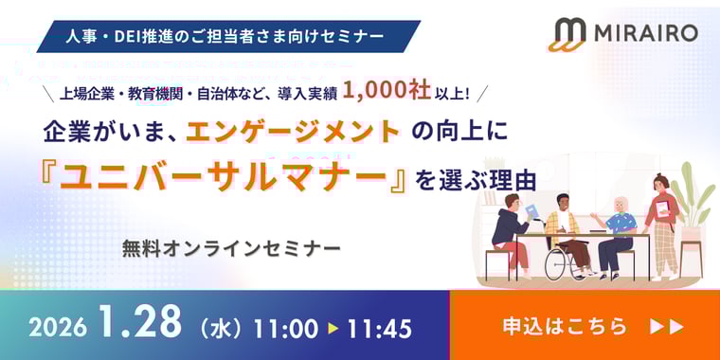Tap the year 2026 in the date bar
tap(58, 328)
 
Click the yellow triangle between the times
tap(333, 328)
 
